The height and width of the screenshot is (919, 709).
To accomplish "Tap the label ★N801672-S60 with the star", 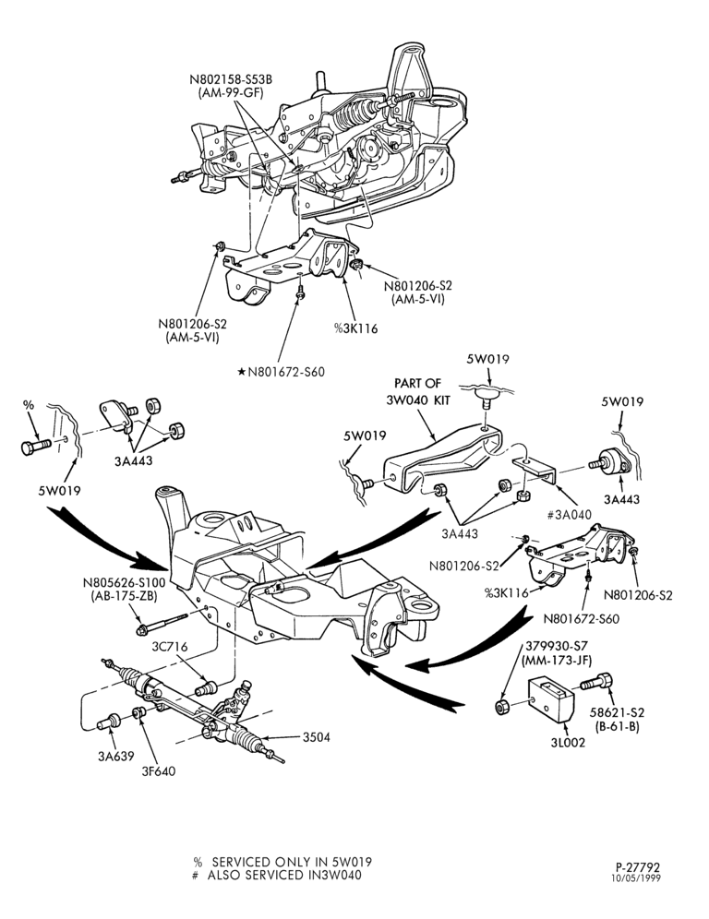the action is click(x=281, y=372).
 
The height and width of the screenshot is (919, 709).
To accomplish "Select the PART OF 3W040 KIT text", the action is click(x=417, y=391).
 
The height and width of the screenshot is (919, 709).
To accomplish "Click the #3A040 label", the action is click(x=569, y=515).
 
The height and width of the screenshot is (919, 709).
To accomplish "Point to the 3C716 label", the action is click(x=170, y=647).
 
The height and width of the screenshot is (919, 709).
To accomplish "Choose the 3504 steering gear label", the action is click(x=316, y=736).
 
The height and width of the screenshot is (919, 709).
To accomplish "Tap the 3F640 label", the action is click(x=159, y=771).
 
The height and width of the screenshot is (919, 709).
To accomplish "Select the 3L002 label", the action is click(x=568, y=743).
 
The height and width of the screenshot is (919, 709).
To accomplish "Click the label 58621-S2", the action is click(x=617, y=712).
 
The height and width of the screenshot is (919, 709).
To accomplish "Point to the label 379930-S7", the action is click(x=556, y=647).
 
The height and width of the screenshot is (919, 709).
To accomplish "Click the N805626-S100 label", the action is click(x=124, y=583).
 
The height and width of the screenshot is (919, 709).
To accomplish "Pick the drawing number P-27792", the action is click(x=638, y=866).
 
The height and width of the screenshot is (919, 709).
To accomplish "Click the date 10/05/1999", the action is click(x=636, y=878).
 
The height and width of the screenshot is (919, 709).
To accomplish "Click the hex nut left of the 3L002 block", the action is click(x=502, y=707).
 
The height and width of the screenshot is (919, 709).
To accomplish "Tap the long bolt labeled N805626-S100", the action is click(x=162, y=623).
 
